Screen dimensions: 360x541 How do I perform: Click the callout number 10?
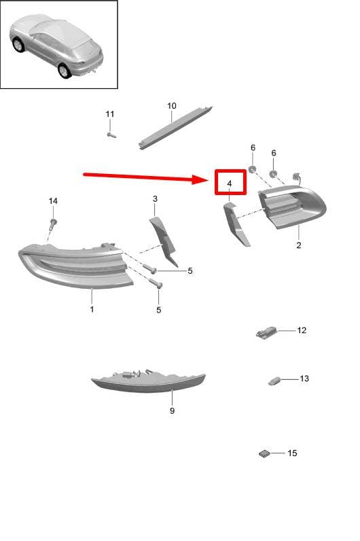172,106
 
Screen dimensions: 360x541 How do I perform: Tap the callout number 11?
109,114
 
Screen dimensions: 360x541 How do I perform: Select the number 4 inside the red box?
230,184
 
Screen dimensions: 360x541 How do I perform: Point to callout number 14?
53,200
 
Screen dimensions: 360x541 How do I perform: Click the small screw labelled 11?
111,135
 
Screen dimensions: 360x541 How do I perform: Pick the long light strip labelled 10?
175,127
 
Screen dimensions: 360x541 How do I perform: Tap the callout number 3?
155,198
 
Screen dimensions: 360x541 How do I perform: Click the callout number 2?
299,245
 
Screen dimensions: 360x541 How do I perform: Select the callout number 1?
92,309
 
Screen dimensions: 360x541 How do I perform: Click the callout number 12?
302,330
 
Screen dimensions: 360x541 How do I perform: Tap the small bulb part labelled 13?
274,381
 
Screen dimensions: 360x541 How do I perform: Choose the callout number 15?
292,453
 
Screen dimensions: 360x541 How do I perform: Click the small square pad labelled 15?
265,454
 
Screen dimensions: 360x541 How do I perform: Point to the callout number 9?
172,411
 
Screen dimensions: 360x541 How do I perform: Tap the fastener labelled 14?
54,224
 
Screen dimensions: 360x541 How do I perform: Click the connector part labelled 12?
266,333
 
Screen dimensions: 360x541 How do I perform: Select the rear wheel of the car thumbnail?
64,71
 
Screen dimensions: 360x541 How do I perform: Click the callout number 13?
304,379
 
